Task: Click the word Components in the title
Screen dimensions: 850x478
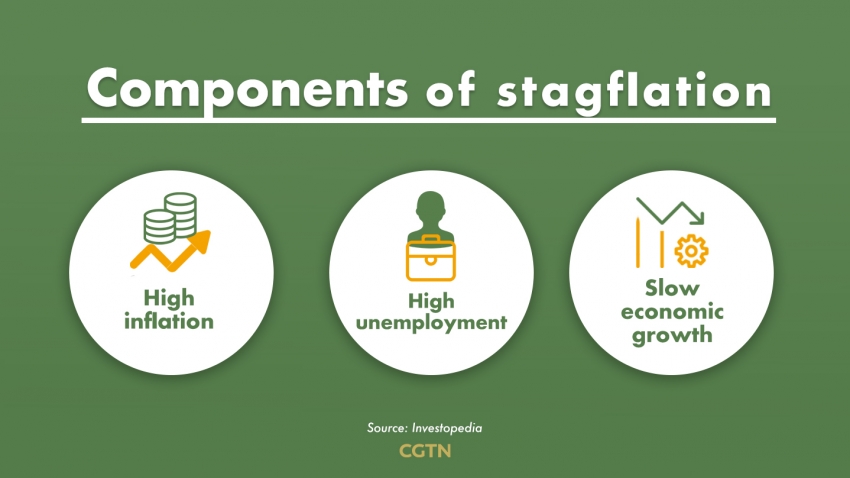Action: pos(247,89)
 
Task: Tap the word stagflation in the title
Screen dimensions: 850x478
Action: pos(634,92)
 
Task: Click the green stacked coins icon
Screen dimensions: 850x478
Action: pos(170,218)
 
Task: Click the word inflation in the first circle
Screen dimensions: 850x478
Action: pos(169,321)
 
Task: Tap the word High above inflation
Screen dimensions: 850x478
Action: pos(169,299)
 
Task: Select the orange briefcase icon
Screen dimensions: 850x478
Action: pos(431,258)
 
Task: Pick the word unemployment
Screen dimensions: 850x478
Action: pos(431,323)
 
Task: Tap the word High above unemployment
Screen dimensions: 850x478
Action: pos(431,301)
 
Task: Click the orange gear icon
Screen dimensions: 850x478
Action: pos(691,250)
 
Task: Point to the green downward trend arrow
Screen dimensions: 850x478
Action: pos(671,212)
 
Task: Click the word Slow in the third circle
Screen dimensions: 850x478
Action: pos(672,288)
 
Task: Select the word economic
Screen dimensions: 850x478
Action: pos(672,312)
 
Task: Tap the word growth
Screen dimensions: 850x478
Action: pos(672,335)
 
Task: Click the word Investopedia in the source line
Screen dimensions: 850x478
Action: pos(447,428)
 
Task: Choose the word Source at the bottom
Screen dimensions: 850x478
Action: pos(387,428)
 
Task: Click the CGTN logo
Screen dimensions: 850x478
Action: pos(425,451)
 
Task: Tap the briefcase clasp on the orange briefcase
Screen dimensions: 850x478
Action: pos(430,260)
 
